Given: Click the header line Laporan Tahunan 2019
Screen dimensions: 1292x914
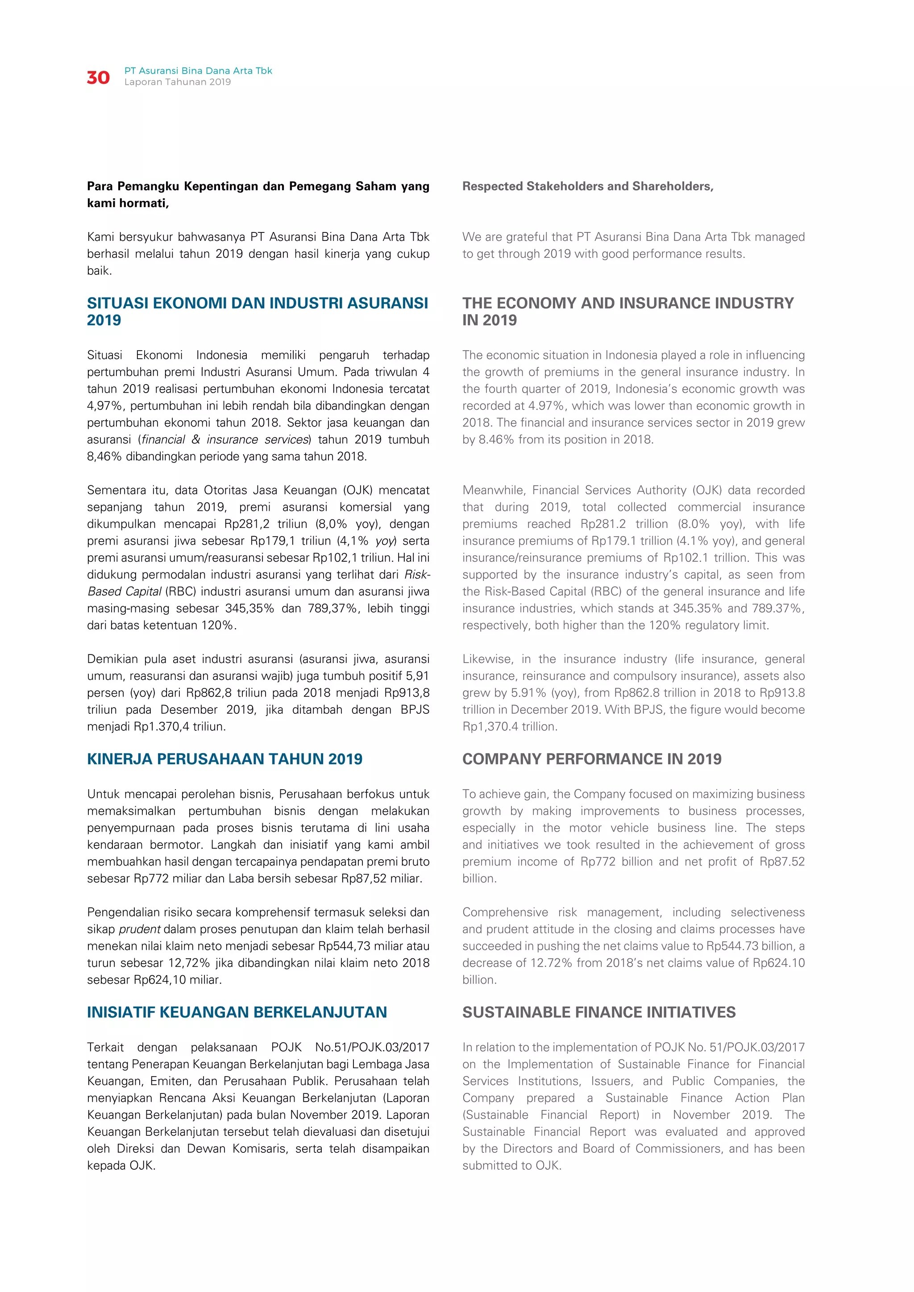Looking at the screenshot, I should point(177,82).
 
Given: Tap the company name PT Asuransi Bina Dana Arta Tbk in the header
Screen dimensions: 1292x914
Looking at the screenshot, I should point(198,71).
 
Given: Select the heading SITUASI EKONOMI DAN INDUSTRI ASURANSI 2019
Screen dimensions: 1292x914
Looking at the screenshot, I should point(257,311).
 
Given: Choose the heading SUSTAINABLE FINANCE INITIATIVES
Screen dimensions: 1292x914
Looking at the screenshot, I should point(599,1012).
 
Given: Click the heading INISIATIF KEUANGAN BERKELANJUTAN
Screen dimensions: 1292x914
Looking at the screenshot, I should point(237,1012).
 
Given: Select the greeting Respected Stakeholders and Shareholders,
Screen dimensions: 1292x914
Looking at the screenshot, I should point(588,186).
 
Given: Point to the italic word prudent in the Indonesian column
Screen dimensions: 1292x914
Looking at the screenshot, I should point(140,929).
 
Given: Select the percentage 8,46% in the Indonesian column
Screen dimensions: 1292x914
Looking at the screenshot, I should point(104,456).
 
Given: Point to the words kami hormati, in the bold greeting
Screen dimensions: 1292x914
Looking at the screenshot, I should point(128,203).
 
